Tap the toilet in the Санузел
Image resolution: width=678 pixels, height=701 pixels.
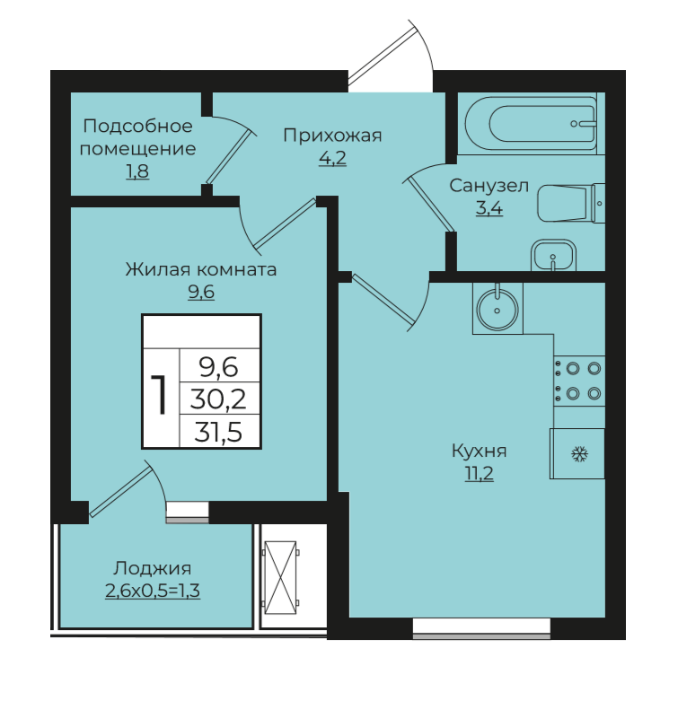click(x=571, y=204)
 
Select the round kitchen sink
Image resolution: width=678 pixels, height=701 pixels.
click(x=497, y=308)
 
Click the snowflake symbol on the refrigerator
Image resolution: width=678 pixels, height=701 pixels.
click(x=579, y=455)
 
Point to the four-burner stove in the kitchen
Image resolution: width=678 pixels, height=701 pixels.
click(x=579, y=381)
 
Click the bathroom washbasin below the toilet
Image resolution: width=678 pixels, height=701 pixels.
click(x=553, y=255)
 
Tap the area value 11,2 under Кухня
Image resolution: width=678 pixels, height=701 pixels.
click(x=479, y=474)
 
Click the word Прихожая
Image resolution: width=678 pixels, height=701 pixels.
click(x=332, y=135)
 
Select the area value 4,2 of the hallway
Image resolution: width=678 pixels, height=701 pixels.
click(x=332, y=158)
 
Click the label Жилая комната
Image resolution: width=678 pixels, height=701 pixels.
click(x=201, y=269)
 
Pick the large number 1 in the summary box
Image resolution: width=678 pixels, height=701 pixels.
click(x=159, y=395)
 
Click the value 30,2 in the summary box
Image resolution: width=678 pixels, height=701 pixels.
click(x=219, y=399)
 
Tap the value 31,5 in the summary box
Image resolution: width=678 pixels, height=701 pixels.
click(x=219, y=432)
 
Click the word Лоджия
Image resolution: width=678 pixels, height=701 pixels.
click(x=153, y=568)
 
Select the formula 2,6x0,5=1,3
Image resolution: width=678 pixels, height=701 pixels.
click(x=153, y=591)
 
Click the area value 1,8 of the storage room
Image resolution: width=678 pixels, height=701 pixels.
click(x=137, y=171)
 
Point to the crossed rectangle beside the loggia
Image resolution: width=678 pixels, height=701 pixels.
click(x=280, y=577)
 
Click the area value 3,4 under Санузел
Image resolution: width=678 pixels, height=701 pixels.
click(x=489, y=208)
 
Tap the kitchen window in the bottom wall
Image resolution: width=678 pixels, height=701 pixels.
click(x=481, y=628)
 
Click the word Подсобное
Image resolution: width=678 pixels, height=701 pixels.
click(x=137, y=126)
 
